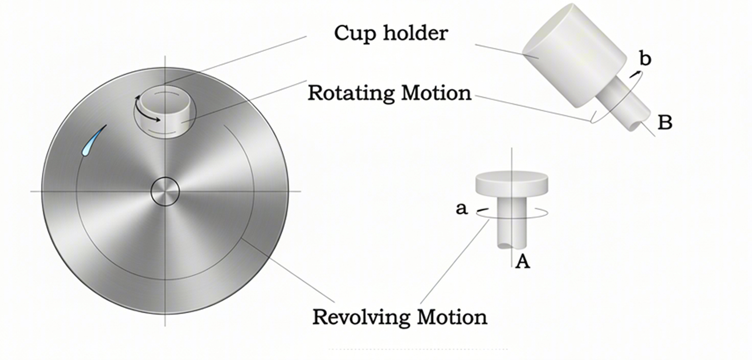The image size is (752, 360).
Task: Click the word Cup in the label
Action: pos(356,34)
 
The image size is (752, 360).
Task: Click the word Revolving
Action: pos(361,317)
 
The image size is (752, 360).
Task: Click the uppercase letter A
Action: pos(523,262)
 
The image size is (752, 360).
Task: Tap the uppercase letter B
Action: pos(665,122)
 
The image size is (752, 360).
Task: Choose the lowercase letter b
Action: pos(646,59)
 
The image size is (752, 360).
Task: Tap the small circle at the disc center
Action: pos(165,191)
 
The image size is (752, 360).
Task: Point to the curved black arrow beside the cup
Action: pos(141,113)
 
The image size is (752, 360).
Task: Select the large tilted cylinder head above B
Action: pos(575,56)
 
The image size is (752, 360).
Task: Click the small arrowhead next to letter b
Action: pos(634,74)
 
